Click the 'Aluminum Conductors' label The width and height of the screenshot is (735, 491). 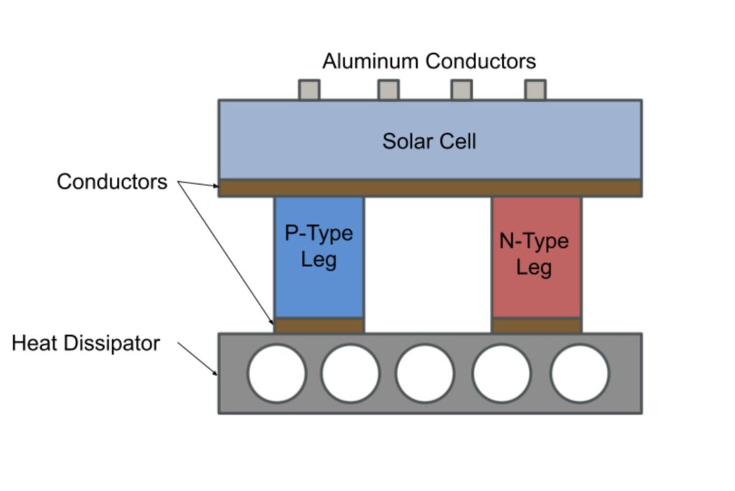pyautogui.click(x=429, y=61)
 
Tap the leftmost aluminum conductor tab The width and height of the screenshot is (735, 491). pyautogui.click(x=309, y=90)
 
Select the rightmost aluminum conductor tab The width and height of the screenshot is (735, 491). pyautogui.click(x=535, y=90)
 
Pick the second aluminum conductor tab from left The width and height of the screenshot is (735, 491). pyautogui.click(x=388, y=90)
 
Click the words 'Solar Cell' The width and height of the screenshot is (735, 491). pyautogui.click(x=429, y=140)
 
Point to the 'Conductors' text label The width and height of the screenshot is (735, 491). pyautogui.click(x=111, y=182)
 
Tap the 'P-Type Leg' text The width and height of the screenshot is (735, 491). pyautogui.click(x=319, y=247)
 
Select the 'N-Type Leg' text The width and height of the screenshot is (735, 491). pyautogui.click(x=534, y=254)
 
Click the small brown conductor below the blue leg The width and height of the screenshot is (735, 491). pyautogui.click(x=319, y=325)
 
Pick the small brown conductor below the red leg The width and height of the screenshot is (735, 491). pyautogui.click(x=536, y=325)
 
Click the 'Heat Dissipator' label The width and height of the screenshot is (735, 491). pyautogui.click(x=85, y=344)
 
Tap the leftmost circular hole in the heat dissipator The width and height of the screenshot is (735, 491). pyautogui.click(x=276, y=374)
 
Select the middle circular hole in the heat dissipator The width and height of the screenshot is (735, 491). pyautogui.click(x=424, y=374)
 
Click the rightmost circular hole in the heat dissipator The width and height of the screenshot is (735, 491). pyautogui.click(x=579, y=374)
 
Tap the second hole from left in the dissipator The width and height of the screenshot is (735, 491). pyautogui.click(x=350, y=374)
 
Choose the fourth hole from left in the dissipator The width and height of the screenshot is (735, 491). pyautogui.click(x=502, y=374)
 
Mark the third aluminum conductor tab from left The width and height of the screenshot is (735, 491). pyautogui.click(x=461, y=90)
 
